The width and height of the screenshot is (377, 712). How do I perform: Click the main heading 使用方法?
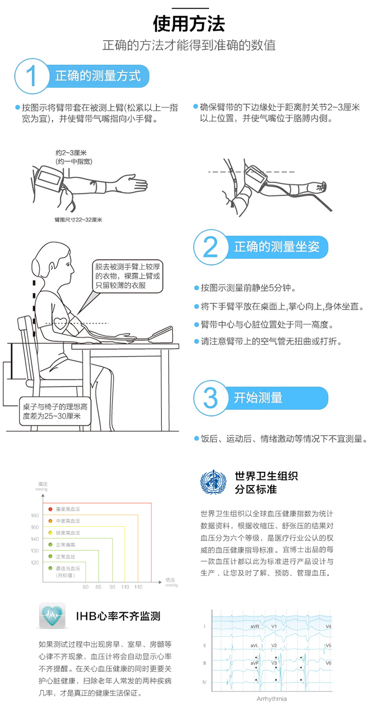click(x=189, y=23)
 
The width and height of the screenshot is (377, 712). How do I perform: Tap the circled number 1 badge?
click(x=32, y=76)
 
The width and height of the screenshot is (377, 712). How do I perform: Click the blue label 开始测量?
click(x=258, y=398)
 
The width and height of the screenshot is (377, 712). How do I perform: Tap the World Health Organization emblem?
click(x=214, y=483)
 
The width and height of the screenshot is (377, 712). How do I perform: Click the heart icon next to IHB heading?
click(x=52, y=615)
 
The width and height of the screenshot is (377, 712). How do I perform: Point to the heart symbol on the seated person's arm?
click(x=61, y=324)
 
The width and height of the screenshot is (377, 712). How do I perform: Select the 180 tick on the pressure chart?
click(x=35, y=516)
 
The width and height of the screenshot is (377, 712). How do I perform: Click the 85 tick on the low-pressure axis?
click(x=99, y=587)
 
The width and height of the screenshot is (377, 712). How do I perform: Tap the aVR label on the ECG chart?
click(x=254, y=626)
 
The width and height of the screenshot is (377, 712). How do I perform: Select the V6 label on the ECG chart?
click(x=328, y=663)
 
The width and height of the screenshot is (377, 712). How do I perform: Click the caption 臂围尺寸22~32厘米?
click(x=78, y=220)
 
